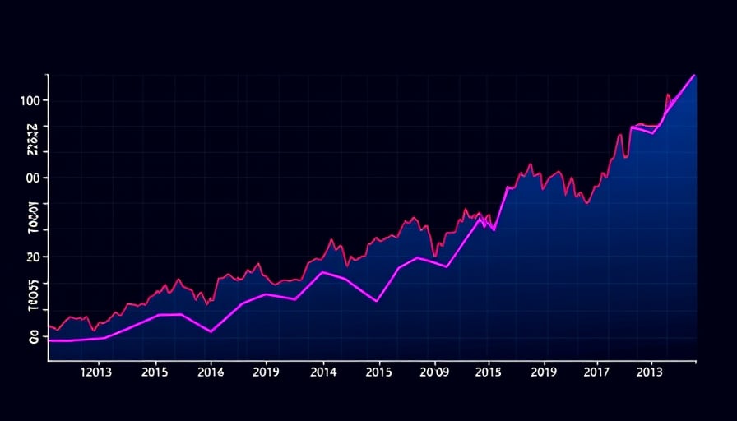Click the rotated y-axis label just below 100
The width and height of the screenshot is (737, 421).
pyautogui.click(x=33, y=140)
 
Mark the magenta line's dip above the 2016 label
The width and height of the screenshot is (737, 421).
pyautogui.click(x=211, y=331)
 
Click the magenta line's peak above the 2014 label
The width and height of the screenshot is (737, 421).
pyautogui.click(x=323, y=271)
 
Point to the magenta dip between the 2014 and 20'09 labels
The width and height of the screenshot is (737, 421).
pyautogui.click(x=377, y=301)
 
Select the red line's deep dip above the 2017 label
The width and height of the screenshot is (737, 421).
pyautogui.click(x=586, y=203)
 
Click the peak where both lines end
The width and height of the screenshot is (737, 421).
pyautogui.click(x=695, y=75)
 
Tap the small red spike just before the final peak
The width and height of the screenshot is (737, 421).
pyautogui.click(x=668, y=95)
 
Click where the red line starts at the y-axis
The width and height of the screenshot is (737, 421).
pyautogui.click(x=49, y=326)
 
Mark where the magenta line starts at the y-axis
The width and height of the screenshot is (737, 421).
pyautogui.click(x=49, y=340)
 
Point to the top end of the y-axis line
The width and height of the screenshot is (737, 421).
pyautogui.click(x=49, y=75)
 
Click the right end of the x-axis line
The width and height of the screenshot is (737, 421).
pyautogui.click(x=696, y=360)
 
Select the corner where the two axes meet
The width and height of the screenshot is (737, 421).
pyautogui.click(x=49, y=360)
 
